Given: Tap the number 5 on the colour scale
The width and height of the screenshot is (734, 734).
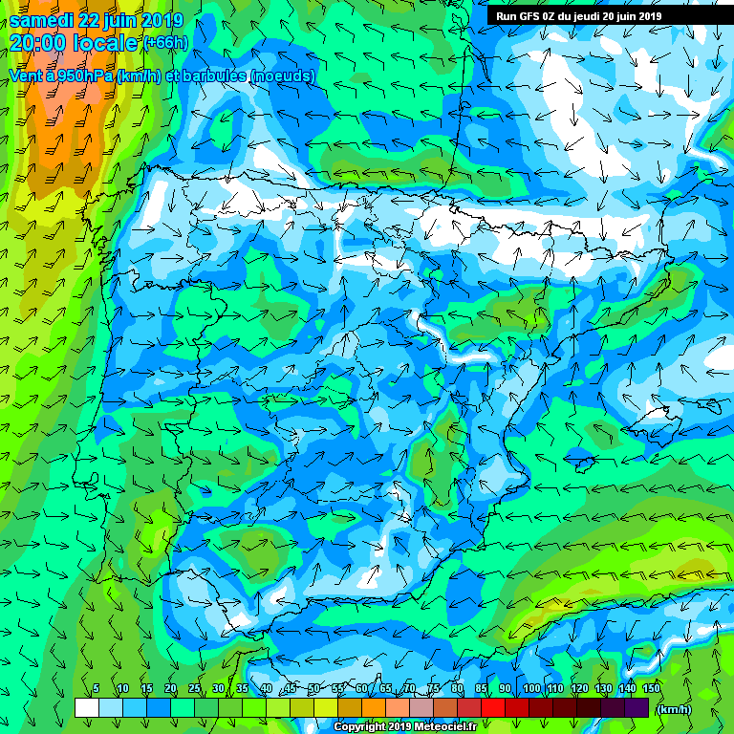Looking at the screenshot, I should point(97,689).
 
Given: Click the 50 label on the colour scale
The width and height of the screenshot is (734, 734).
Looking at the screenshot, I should point(313,689).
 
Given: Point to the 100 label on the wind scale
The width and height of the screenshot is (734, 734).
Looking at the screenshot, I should point(530,689).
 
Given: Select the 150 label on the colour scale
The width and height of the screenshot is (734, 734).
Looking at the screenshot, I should point(652,689).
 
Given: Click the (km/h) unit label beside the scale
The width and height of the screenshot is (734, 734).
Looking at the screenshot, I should point(675,709).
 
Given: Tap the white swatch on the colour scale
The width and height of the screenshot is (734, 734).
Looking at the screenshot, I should point(86,707).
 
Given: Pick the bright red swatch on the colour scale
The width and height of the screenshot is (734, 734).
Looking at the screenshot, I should point(493,707).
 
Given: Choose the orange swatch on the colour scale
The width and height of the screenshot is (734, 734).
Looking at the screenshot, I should point(374,707).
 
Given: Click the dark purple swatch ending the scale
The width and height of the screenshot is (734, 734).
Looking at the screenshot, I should point(637,707).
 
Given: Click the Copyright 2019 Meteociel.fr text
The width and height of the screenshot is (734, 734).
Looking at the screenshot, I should point(405,727).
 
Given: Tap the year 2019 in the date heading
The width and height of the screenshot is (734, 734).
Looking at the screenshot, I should point(164,20).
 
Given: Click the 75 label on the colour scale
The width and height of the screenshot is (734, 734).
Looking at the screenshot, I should point(434,689).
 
